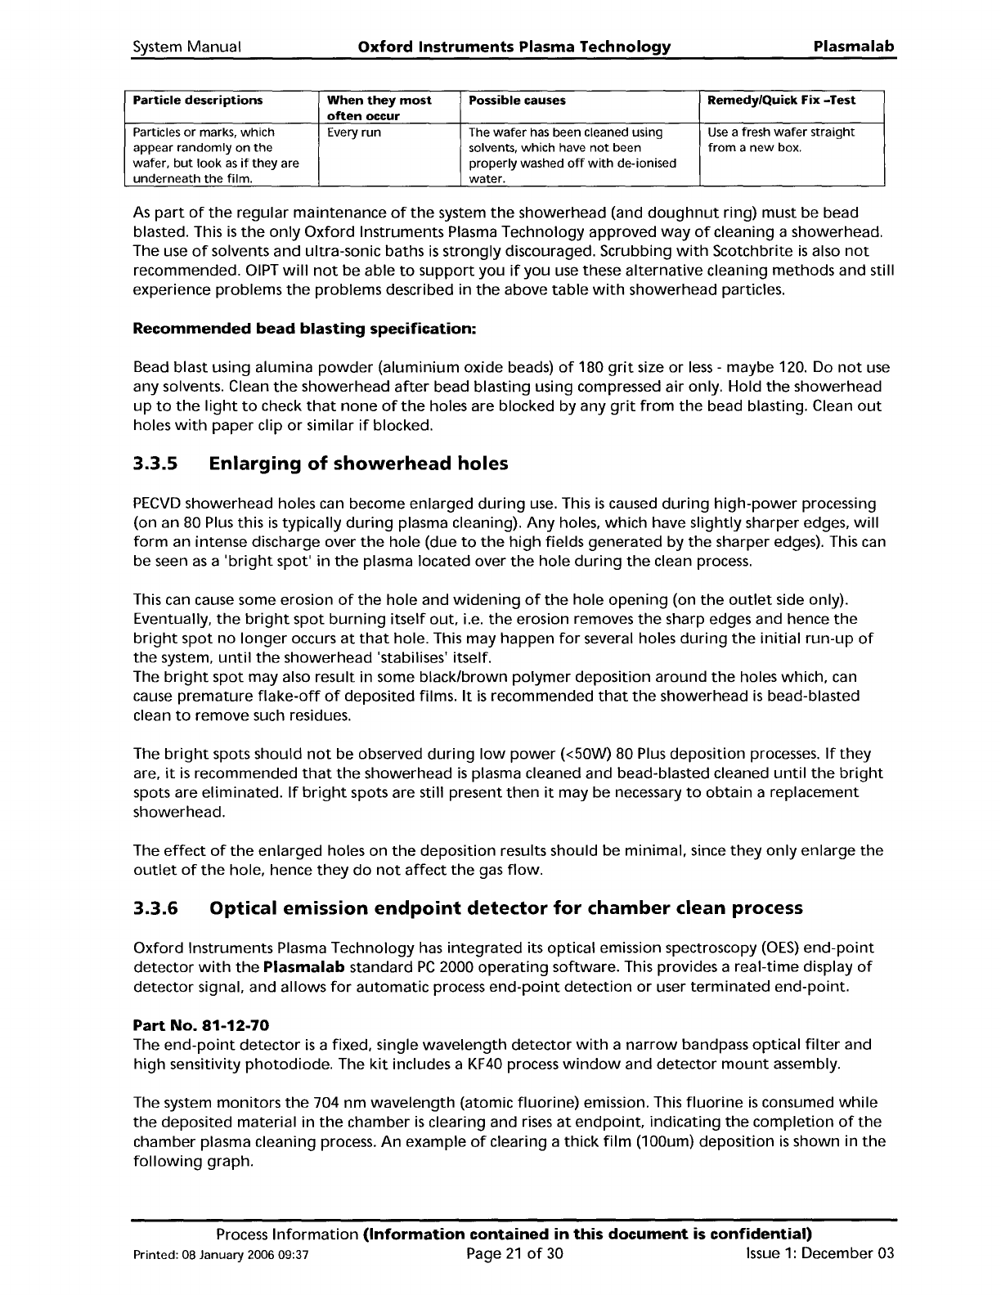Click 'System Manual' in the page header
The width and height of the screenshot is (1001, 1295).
click(186, 47)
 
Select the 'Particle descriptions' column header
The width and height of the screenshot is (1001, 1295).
click(198, 100)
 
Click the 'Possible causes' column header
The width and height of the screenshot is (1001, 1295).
click(517, 100)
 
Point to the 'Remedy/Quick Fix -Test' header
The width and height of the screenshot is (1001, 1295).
click(782, 100)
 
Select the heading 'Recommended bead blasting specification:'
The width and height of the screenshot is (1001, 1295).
click(304, 329)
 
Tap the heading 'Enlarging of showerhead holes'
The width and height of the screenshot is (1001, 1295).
click(359, 464)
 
